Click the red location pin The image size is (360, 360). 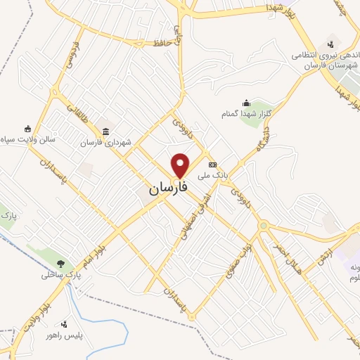[181, 165]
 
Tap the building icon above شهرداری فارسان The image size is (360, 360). [105, 131]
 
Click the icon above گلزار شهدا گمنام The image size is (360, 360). [246, 103]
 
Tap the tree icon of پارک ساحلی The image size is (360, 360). [62, 264]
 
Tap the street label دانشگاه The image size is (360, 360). [268, 136]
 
